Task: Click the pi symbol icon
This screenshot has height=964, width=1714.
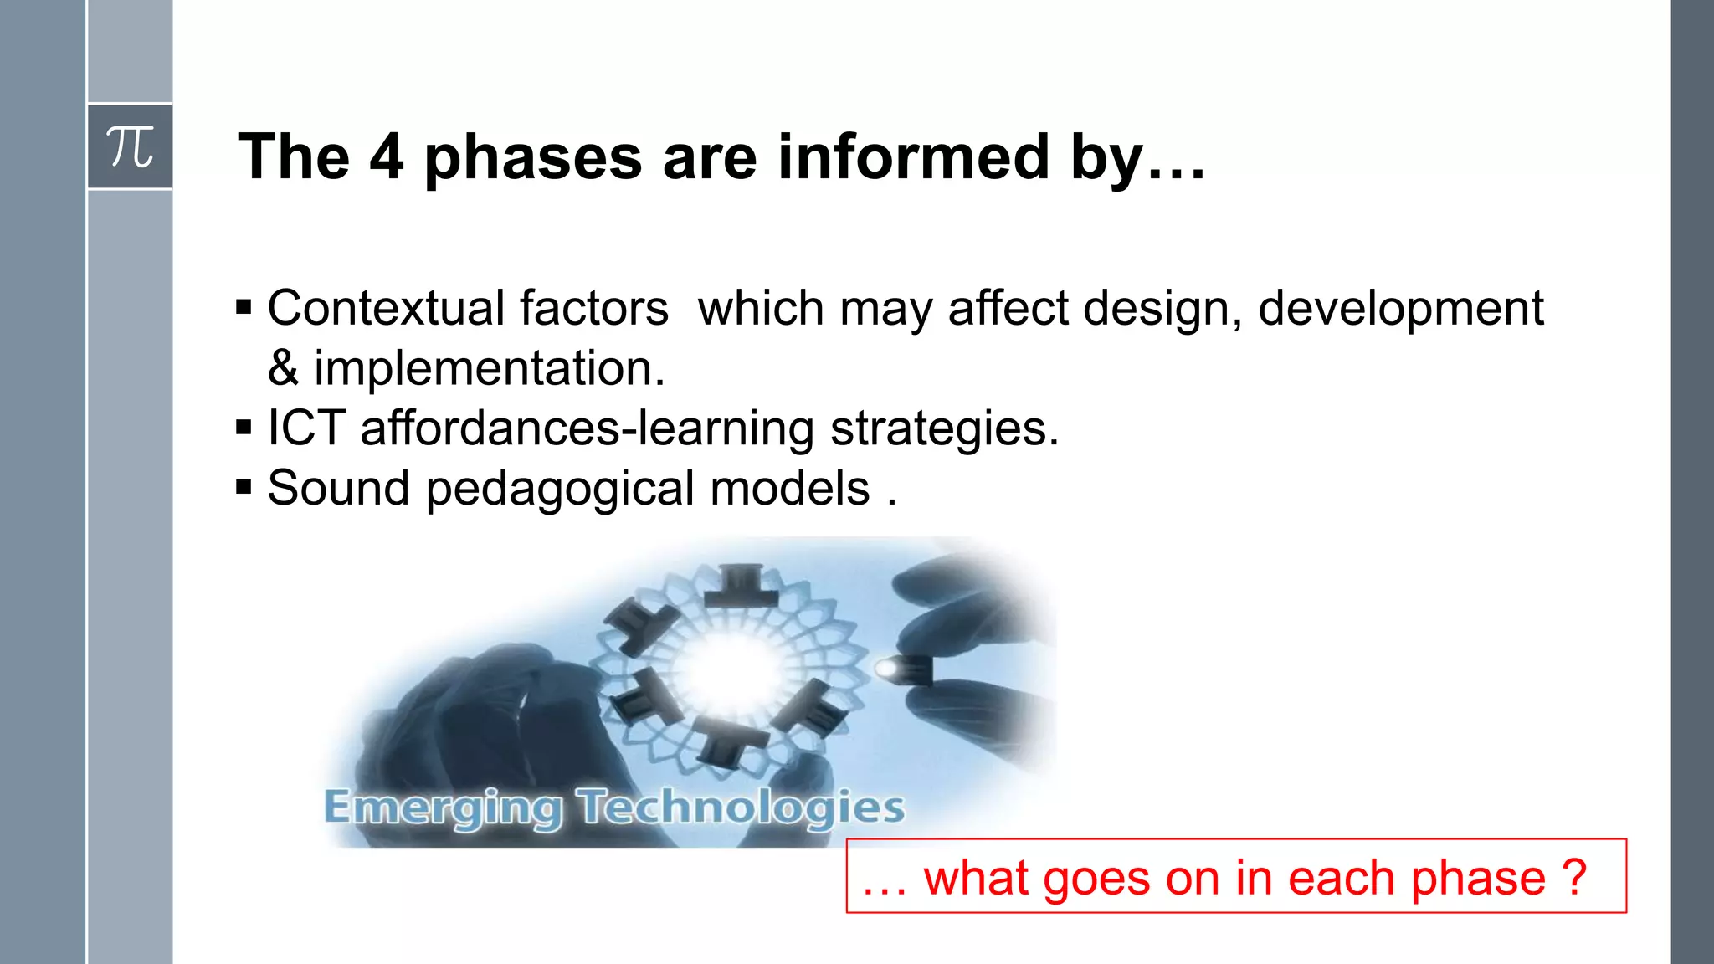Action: coord(130,147)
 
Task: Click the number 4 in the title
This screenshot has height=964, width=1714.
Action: coord(386,156)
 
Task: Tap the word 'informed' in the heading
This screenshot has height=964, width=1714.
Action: coord(913,156)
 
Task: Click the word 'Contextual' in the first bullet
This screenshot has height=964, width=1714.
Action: coord(385,308)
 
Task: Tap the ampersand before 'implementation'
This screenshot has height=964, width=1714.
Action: coord(283,368)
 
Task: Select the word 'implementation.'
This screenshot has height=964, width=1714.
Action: coord(490,369)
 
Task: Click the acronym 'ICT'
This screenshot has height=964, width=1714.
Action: coord(306,428)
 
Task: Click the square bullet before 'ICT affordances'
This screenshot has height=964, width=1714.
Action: coord(244,428)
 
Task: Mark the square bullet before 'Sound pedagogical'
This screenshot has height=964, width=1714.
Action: coord(244,488)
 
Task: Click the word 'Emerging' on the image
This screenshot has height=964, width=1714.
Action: coord(443,808)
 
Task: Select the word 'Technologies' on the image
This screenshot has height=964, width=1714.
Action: coord(742,808)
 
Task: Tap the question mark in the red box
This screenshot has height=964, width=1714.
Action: coord(1573,877)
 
